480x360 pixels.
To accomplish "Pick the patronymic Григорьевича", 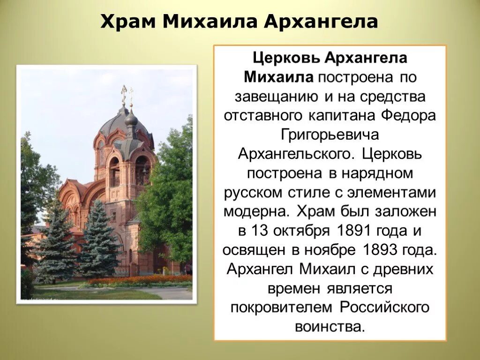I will point(330,135).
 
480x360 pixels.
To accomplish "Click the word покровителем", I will point(282,307).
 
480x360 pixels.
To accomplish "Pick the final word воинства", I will point(330,327).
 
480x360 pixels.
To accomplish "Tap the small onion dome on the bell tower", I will point(131,118).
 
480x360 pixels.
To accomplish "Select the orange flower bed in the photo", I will point(141,280).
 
